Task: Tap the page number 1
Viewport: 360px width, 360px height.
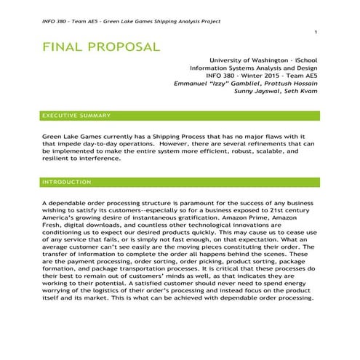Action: coord(316,33)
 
